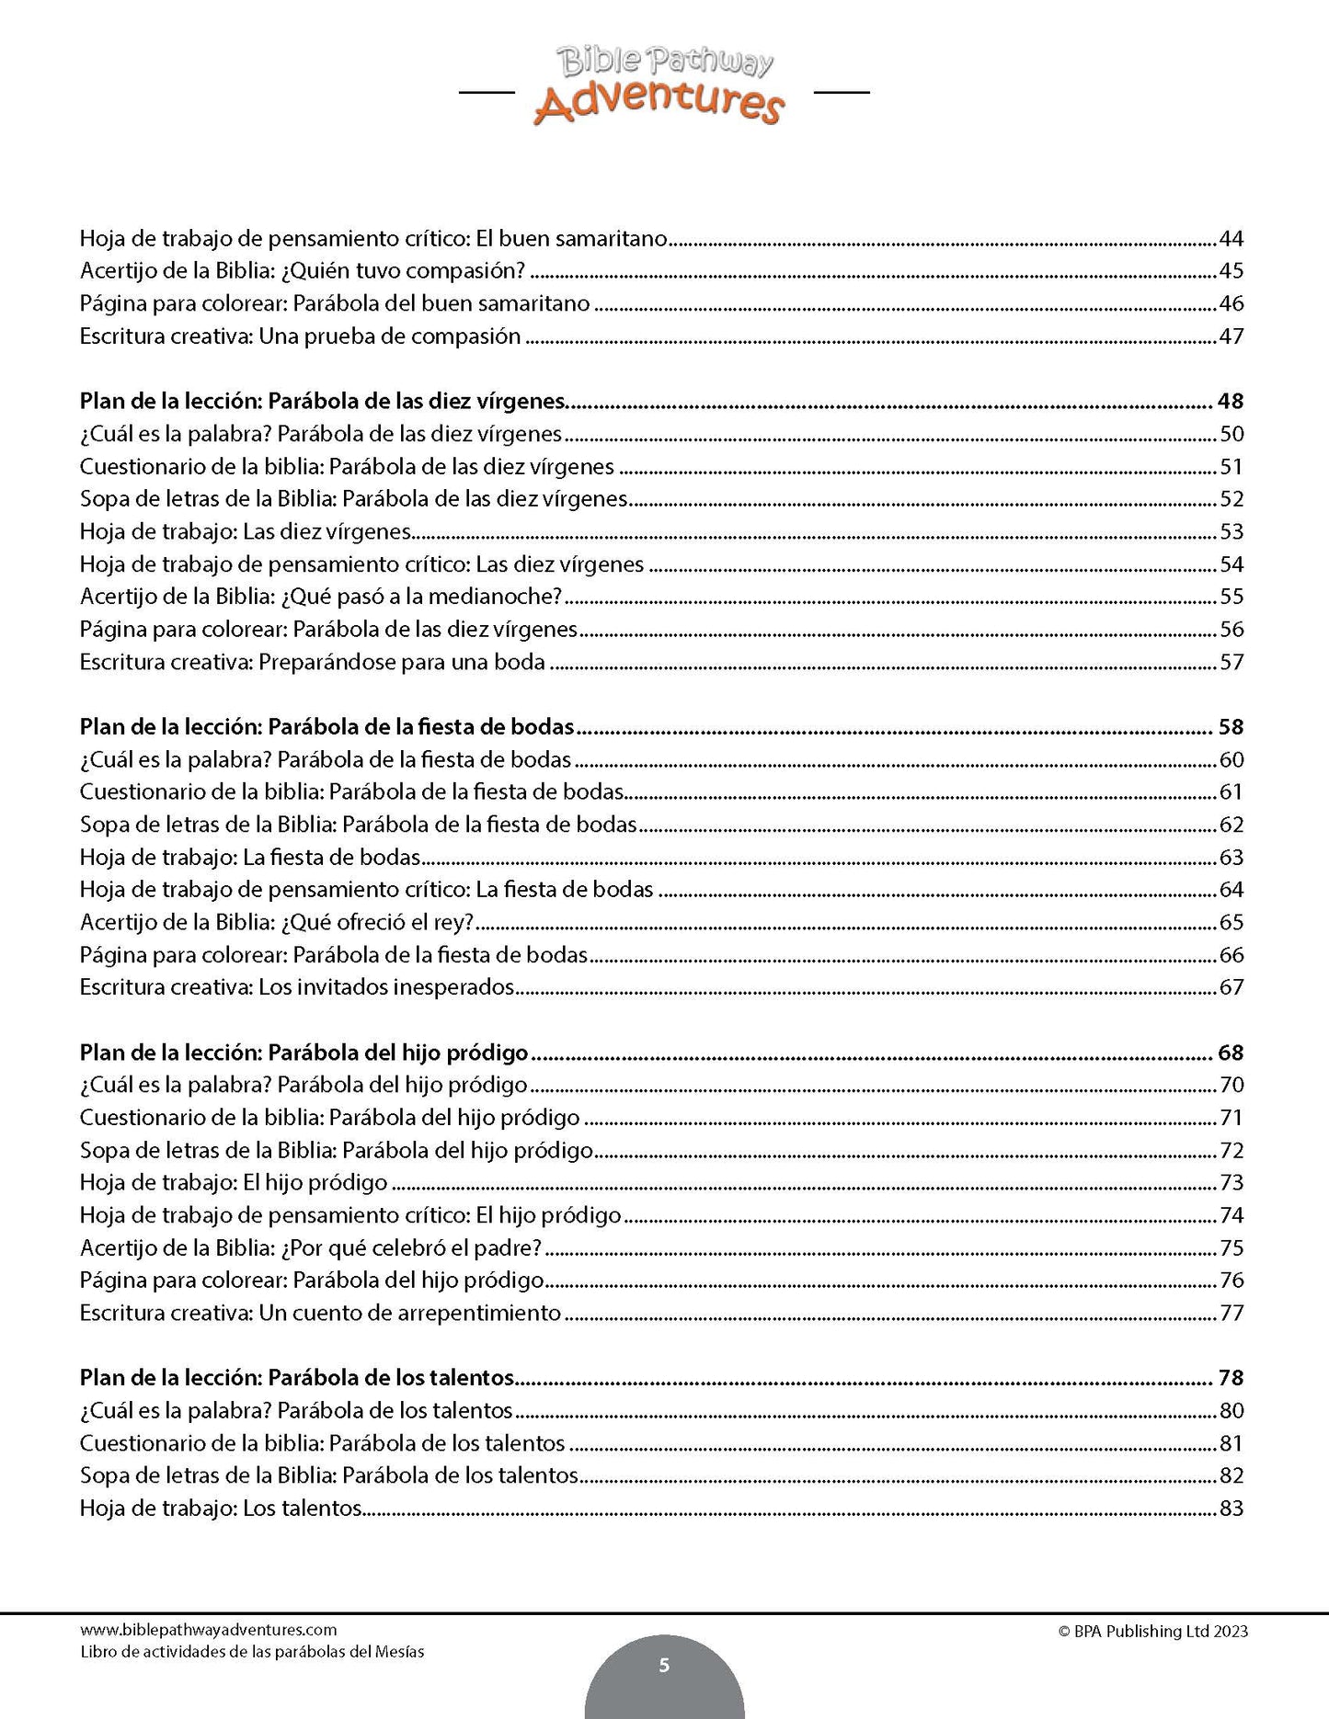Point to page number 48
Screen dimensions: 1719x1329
pyautogui.click(x=1230, y=402)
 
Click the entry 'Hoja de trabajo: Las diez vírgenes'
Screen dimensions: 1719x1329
pyautogui.click(x=244, y=532)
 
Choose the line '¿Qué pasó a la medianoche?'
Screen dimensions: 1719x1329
pyautogui.click(x=320, y=598)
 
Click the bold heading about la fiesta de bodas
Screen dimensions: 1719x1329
pyautogui.click(x=327, y=728)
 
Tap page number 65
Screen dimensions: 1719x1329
pyautogui.click(x=1231, y=923)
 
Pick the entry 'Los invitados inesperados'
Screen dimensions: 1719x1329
pyautogui.click(x=296, y=988)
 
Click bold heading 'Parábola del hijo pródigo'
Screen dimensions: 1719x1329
pyautogui.click(x=304, y=1053)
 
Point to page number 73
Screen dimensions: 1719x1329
pyautogui.click(x=1231, y=1183)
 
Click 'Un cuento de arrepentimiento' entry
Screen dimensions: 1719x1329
pyautogui.click(x=320, y=1314)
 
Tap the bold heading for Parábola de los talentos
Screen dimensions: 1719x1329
pyautogui.click(x=296, y=1379)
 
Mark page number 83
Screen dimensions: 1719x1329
pyautogui.click(x=1231, y=1508)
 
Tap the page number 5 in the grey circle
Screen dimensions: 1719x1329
pyautogui.click(x=664, y=1666)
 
